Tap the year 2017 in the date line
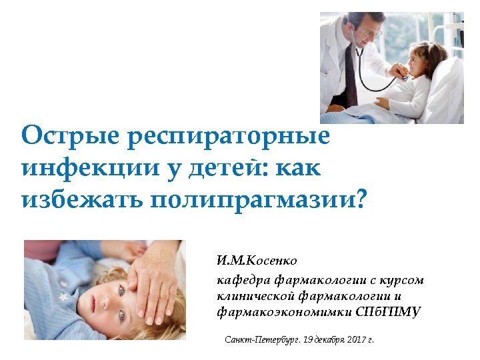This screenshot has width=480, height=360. (353, 340)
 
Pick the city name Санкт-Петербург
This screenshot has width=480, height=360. (261, 340)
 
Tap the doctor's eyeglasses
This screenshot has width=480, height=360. (369, 31)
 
